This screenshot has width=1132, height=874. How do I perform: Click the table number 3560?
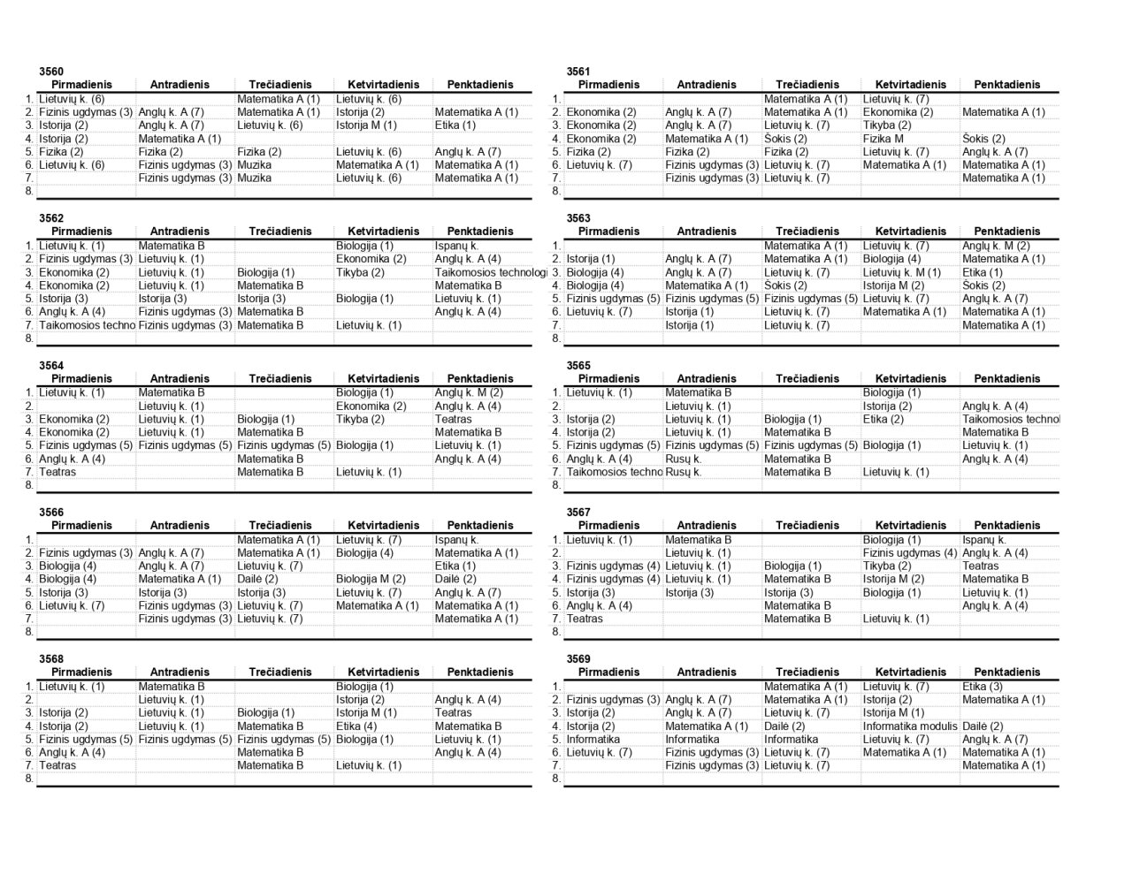click(x=51, y=72)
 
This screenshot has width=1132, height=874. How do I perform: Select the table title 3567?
click(x=578, y=513)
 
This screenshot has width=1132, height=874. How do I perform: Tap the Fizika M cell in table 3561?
click(x=883, y=139)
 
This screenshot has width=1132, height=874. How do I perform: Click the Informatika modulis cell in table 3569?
click(x=910, y=726)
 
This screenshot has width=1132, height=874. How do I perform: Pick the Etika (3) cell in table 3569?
click(x=983, y=687)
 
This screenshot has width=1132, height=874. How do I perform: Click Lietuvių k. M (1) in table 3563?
click(x=901, y=272)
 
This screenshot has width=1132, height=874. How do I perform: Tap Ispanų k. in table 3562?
click(x=456, y=246)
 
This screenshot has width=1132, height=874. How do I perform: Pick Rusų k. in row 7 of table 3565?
click(x=684, y=472)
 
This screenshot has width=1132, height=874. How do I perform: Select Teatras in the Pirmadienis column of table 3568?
click(x=57, y=765)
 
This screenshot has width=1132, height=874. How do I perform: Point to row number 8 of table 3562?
click(x=29, y=338)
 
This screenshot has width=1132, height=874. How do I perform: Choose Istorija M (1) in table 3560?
click(x=366, y=125)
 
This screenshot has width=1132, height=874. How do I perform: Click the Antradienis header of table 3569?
click(x=707, y=673)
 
